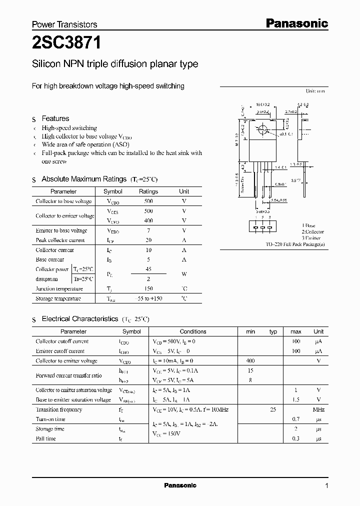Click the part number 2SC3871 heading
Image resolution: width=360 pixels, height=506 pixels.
[66, 43]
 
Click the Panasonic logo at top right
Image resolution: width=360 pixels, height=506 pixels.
[296, 23]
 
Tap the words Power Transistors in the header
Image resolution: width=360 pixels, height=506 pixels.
[64, 24]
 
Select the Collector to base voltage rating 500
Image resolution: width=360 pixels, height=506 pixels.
[148, 201]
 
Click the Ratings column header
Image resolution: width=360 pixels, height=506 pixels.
[148, 191]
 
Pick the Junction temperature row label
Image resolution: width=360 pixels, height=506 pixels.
[59, 288]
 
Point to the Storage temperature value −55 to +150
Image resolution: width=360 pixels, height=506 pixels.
[148, 298]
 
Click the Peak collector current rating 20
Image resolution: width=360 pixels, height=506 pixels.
[148, 240]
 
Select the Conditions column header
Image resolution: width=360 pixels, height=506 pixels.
[193, 331]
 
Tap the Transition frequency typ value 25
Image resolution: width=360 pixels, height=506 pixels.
[273, 409]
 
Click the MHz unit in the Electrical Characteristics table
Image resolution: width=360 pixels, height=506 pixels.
[318, 409]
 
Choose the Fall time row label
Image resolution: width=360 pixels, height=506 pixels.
[45, 438]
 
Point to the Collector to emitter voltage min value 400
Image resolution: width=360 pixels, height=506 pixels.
[250, 360]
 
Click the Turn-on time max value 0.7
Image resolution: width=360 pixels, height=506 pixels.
[296, 419]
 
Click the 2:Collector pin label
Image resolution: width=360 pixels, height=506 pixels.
[312, 232]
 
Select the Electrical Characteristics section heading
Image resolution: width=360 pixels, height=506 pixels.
[80, 318]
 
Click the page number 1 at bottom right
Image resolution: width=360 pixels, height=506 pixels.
[326, 486]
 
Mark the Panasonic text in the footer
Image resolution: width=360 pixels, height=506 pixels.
[180, 485]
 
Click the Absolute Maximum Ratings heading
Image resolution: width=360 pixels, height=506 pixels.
[84, 179]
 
